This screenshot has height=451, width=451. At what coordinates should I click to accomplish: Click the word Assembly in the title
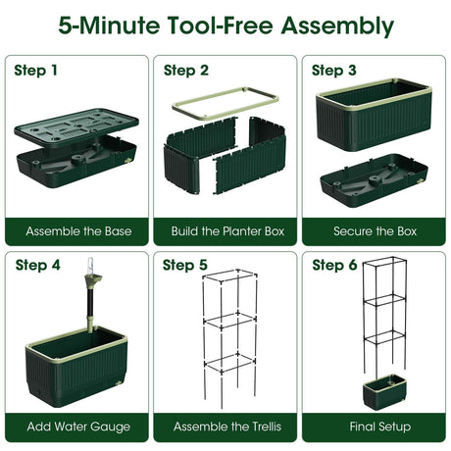coord(337,26)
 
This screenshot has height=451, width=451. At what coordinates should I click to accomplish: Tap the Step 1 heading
coord(35,71)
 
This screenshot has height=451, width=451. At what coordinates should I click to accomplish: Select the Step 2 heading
coord(186,71)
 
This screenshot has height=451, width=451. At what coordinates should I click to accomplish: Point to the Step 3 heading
coord(334,71)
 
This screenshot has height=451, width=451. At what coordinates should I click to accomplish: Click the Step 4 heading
coord(38,265)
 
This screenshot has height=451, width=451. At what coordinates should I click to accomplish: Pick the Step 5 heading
coord(185,265)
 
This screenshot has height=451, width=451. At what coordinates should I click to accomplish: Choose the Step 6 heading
coord(334,265)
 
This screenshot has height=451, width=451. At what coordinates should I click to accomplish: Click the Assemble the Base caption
coord(78,231)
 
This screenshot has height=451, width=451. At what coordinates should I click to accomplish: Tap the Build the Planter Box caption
coord(227,231)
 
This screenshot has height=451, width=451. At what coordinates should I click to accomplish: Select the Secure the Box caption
coord(376,231)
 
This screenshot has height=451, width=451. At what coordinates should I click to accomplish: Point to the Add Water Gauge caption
coord(78,426)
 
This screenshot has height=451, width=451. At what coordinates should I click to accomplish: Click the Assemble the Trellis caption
coord(227,426)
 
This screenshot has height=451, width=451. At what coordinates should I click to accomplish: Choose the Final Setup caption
coord(380,426)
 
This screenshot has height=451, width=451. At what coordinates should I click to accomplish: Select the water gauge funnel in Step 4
coord(93,280)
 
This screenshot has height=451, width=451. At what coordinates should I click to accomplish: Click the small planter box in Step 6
coord(384,391)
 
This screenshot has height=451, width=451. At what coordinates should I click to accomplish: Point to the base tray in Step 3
coord(374,181)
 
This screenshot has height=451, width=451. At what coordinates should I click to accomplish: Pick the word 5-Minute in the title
coord(110,25)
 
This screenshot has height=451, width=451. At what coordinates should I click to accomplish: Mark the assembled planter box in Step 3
coord(374,115)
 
